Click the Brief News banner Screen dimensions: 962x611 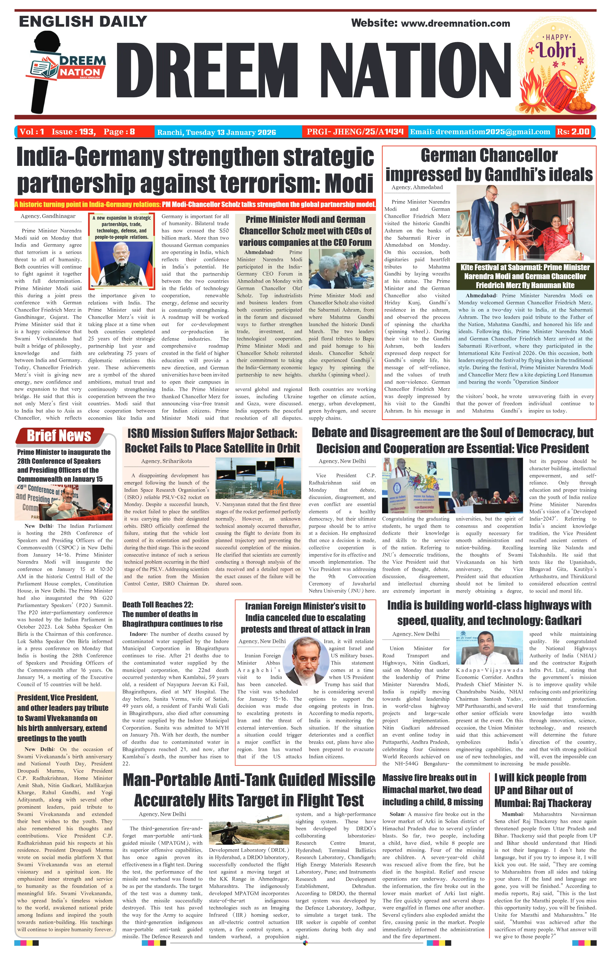(59, 435)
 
